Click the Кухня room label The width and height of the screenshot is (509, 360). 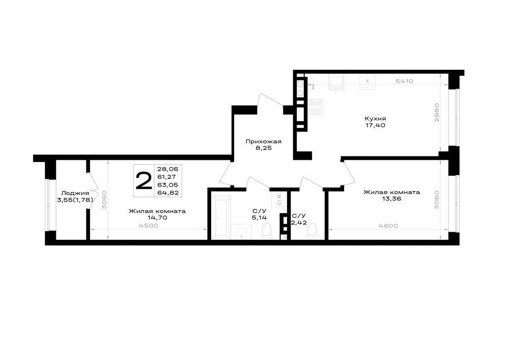click(x=375, y=119)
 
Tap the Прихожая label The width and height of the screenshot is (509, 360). click(x=263, y=142)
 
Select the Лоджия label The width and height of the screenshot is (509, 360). click(x=75, y=193)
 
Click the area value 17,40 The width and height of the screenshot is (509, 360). click(x=375, y=125)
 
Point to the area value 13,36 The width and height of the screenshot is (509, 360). click(x=391, y=199)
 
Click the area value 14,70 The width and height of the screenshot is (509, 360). click(x=157, y=218)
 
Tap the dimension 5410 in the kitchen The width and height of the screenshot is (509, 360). click(x=404, y=81)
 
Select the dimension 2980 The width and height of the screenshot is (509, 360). click(x=437, y=113)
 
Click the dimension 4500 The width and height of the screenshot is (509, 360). click(x=148, y=226)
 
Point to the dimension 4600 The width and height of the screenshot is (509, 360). click(x=388, y=226)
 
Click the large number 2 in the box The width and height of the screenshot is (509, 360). click(x=144, y=181)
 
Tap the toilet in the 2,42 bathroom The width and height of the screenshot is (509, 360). click(x=313, y=232)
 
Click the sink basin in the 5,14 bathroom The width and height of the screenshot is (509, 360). click(x=241, y=232)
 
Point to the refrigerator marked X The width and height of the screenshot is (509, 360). click(x=367, y=81)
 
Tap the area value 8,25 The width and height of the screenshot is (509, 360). click(x=263, y=148)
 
